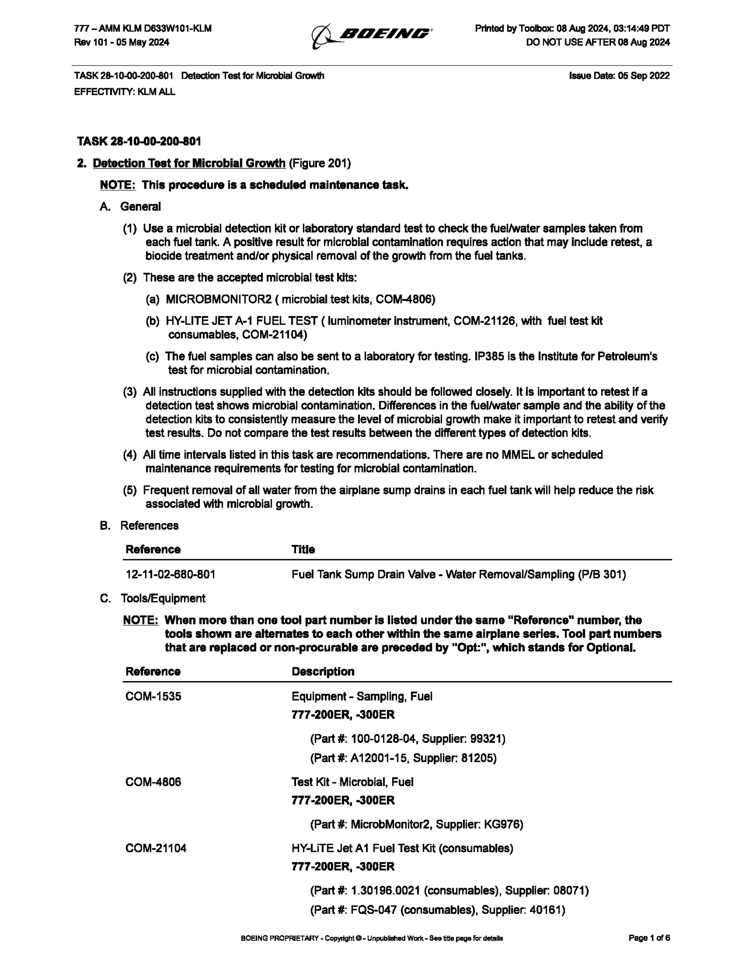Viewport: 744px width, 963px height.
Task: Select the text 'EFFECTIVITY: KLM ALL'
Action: click(124, 92)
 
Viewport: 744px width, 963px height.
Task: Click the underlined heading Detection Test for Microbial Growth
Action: click(189, 163)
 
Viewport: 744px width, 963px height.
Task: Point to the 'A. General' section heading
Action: click(131, 206)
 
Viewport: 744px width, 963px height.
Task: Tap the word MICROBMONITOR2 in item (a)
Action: click(218, 300)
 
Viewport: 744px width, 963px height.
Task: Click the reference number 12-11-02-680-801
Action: click(170, 574)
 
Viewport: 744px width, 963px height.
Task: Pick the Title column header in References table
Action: click(303, 550)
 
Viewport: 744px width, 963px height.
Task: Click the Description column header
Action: click(323, 671)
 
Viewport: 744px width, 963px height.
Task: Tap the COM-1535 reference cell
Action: click(153, 697)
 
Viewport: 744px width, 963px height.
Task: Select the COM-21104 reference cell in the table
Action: click(156, 848)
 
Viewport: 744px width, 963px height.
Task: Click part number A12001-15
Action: click(378, 758)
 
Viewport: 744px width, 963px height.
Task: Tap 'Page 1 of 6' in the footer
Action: click(649, 938)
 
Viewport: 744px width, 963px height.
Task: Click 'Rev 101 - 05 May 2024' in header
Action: click(122, 42)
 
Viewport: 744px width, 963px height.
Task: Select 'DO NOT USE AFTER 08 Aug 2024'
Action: click(598, 42)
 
